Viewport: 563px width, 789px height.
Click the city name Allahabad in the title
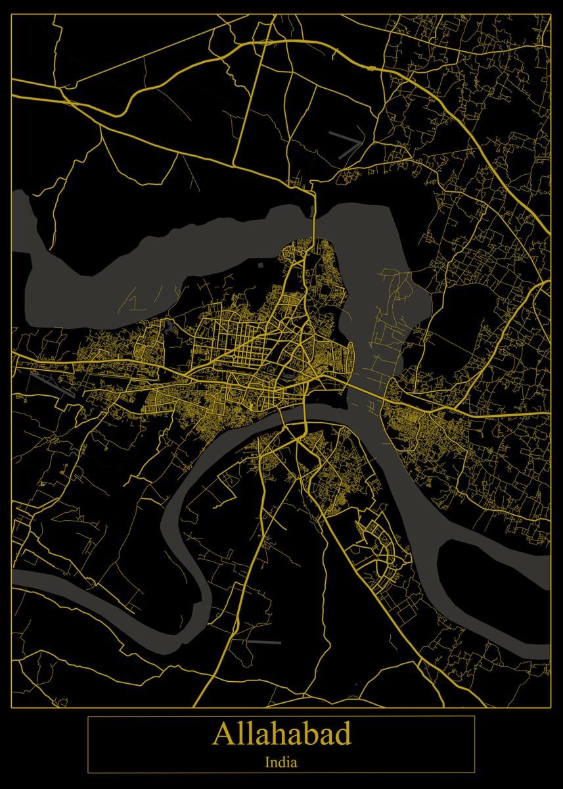tap(281, 734)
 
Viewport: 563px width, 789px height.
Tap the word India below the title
tap(281, 763)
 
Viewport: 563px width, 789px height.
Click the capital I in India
tap(267, 763)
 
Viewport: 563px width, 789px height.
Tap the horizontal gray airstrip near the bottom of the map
tap(263, 642)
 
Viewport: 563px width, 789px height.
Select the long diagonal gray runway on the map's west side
tap(53, 384)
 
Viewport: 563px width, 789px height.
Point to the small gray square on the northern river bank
tap(261, 265)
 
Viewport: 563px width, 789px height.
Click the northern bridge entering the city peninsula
tap(314, 214)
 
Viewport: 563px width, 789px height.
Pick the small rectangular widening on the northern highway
tap(372, 68)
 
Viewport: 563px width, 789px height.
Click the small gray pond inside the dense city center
tap(290, 375)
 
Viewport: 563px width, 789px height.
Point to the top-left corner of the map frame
tap(12, 14)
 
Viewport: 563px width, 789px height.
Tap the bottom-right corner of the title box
tap(474, 773)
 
